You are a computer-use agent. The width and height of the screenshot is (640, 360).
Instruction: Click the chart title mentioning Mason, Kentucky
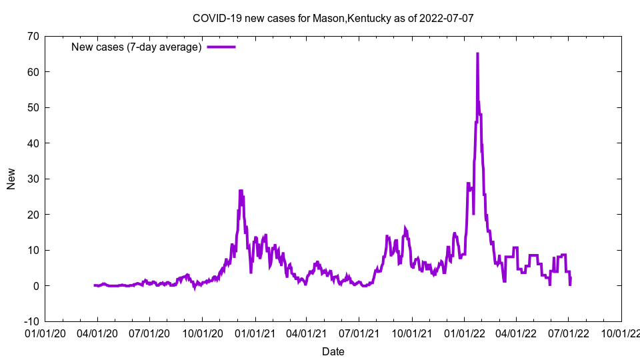point(333,18)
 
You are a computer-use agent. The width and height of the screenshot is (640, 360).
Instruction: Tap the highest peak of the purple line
point(477,54)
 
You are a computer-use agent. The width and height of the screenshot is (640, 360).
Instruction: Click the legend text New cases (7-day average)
point(137,47)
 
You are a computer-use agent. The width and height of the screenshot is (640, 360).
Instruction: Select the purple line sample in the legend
point(221,47)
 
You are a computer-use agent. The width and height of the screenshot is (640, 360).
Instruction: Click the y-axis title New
point(11,179)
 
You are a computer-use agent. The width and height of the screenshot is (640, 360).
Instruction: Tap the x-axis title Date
point(333,351)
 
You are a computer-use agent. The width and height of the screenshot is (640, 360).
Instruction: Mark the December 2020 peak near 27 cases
point(241,191)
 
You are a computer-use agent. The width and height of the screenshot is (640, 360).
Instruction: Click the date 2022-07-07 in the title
point(447,18)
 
